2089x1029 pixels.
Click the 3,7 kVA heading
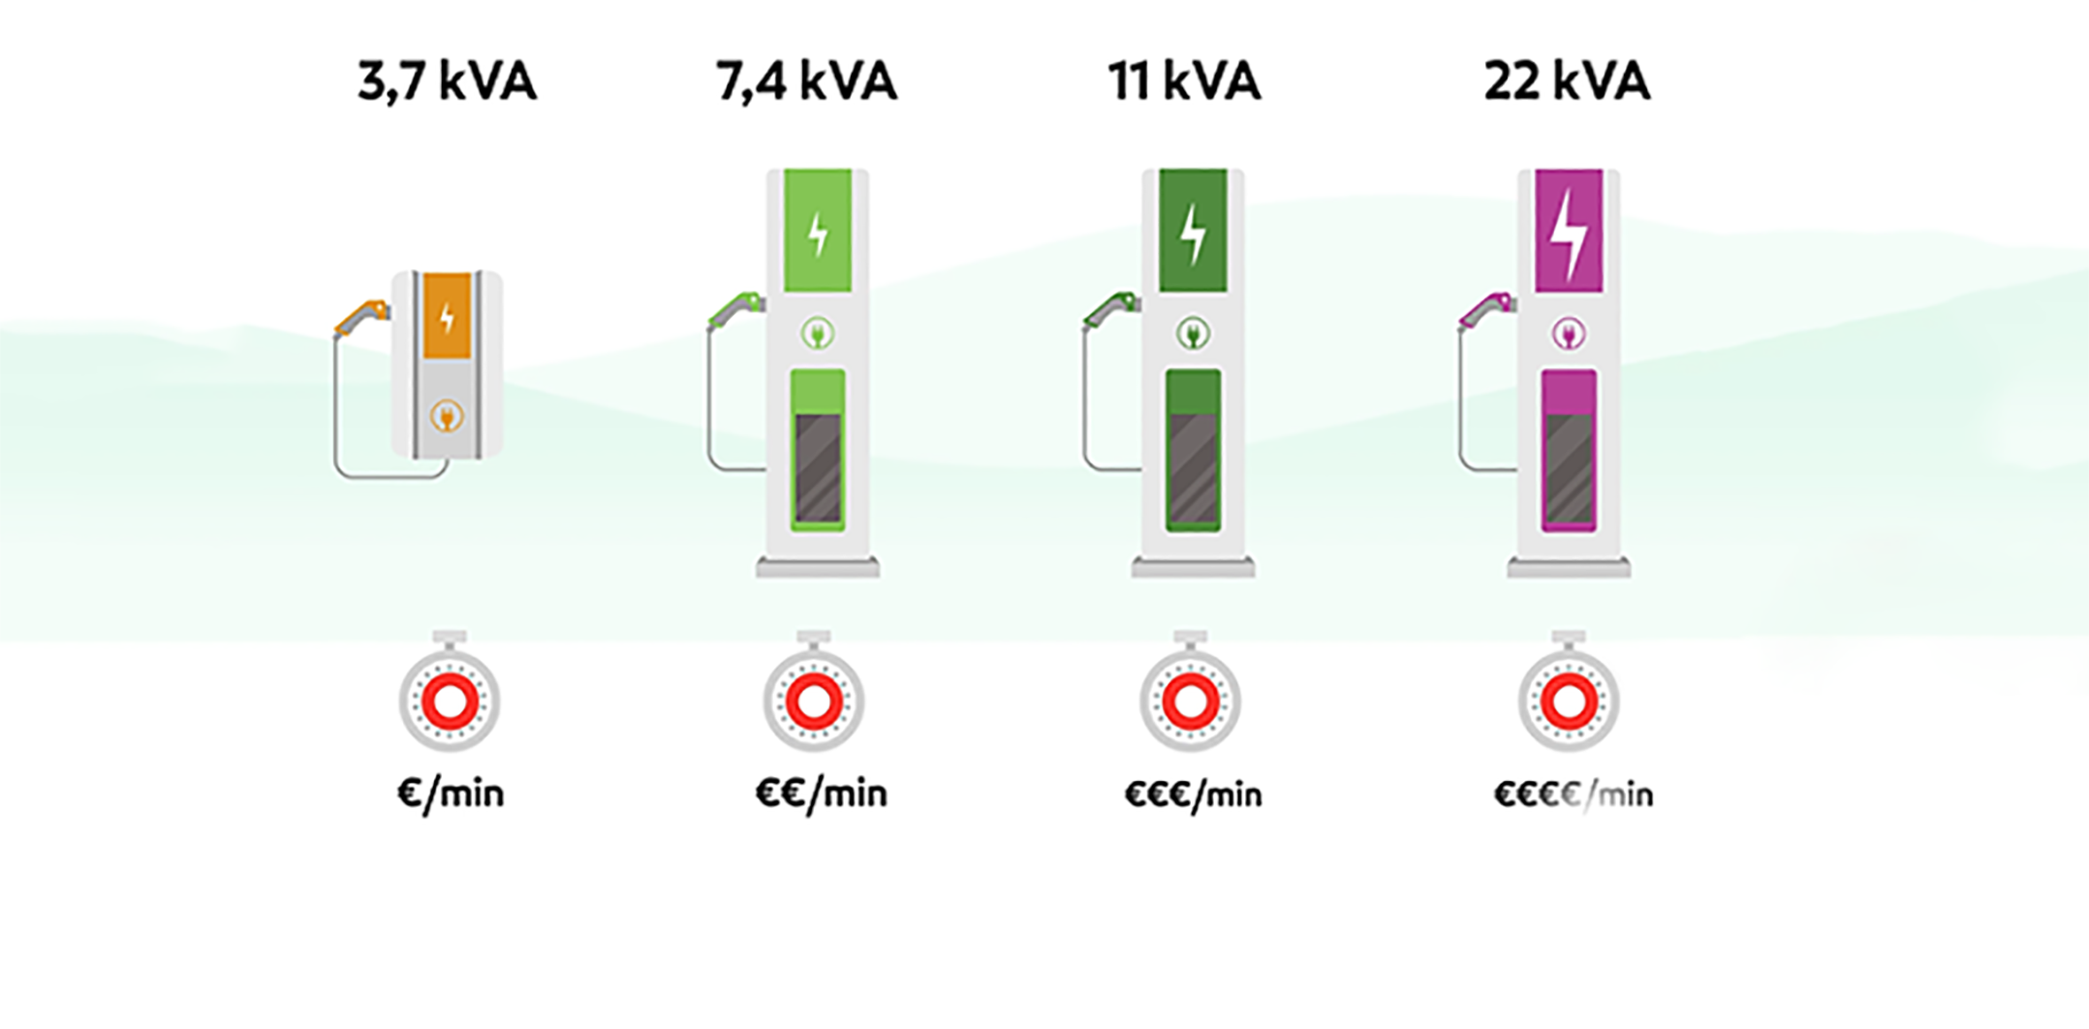tap(447, 81)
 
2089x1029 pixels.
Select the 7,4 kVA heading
tap(806, 81)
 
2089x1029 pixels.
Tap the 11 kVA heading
tap(1184, 81)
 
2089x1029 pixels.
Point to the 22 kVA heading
tap(1567, 81)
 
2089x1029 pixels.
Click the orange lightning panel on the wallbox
tap(447, 316)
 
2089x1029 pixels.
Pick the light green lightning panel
tap(818, 231)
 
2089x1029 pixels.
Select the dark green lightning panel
tap(1193, 231)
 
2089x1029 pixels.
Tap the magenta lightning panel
tap(1569, 231)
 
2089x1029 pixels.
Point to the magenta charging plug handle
tap(1488, 309)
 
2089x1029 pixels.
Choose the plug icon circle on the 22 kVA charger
tap(1569, 334)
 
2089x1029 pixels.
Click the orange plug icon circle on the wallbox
tap(447, 417)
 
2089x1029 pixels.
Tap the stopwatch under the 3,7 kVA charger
tap(450, 699)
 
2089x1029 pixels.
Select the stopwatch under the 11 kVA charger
tap(1191, 699)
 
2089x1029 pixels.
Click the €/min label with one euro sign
tap(451, 795)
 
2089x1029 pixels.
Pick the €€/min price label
tap(821, 795)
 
